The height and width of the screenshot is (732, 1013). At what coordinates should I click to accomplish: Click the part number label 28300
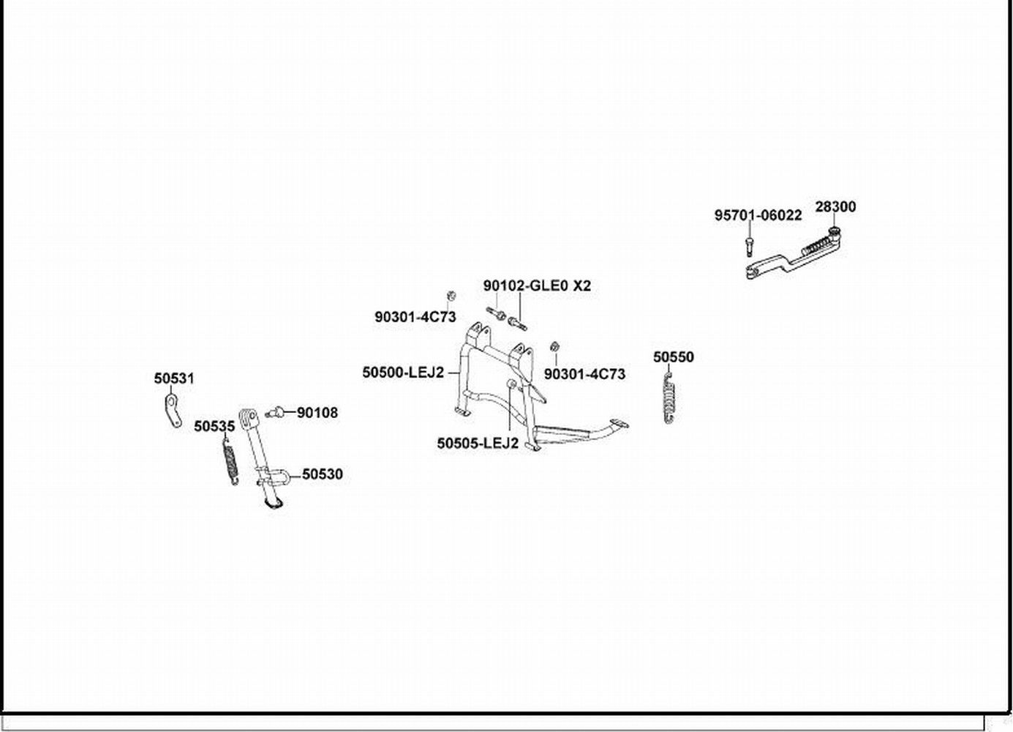[835, 207]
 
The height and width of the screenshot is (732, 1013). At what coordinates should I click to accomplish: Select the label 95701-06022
[758, 215]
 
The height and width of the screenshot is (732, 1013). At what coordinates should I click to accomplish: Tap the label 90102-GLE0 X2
[537, 286]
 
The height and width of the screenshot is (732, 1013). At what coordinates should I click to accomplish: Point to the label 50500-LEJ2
[403, 373]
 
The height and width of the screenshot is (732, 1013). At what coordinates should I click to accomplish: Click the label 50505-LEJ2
[478, 444]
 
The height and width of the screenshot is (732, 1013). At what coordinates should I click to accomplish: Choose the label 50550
[674, 357]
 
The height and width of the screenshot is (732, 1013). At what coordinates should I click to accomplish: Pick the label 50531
[174, 379]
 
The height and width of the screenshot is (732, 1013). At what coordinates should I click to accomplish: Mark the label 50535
[214, 426]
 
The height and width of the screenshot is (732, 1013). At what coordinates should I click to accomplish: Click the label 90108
[317, 413]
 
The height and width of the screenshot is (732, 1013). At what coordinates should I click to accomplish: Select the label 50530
[323, 474]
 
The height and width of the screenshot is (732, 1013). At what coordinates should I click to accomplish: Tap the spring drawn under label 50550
[669, 399]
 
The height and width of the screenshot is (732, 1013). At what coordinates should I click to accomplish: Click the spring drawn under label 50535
[230, 461]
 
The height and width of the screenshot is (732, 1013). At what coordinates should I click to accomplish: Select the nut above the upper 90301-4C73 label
[452, 296]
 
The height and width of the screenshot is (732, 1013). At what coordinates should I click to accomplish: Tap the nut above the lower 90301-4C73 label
[555, 346]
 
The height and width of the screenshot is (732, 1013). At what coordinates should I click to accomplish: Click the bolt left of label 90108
[276, 413]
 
